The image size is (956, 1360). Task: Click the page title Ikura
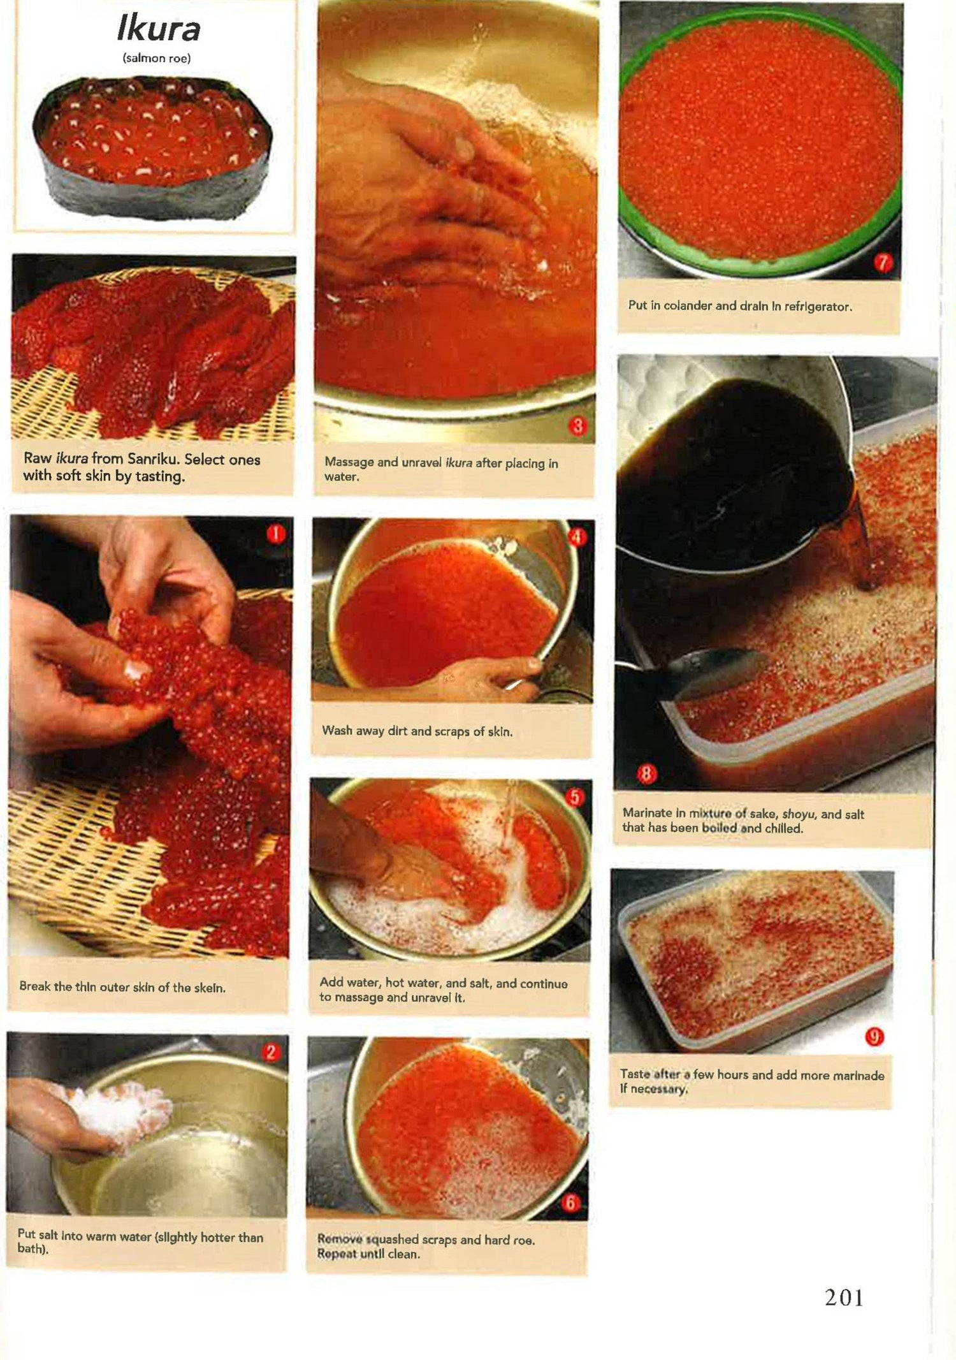pyautogui.click(x=159, y=29)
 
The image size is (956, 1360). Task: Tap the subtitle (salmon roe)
pyautogui.click(x=157, y=58)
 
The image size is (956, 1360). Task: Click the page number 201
pyautogui.click(x=844, y=1298)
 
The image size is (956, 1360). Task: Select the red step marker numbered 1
pyautogui.click(x=275, y=534)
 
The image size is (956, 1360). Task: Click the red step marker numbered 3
pyautogui.click(x=577, y=427)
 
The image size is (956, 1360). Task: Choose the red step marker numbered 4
pyautogui.click(x=577, y=537)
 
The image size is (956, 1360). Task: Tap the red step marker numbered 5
pyautogui.click(x=574, y=797)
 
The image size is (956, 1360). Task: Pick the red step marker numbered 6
pyautogui.click(x=570, y=1203)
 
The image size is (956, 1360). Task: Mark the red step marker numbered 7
pyautogui.click(x=883, y=263)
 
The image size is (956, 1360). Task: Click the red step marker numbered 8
pyautogui.click(x=647, y=774)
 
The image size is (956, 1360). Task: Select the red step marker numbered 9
pyautogui.click(x=874, y=1037)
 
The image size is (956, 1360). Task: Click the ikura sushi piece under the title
pyautogui.click(x=153, y=147)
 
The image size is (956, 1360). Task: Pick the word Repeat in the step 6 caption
pyautogui.click(x=336, y=1254)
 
